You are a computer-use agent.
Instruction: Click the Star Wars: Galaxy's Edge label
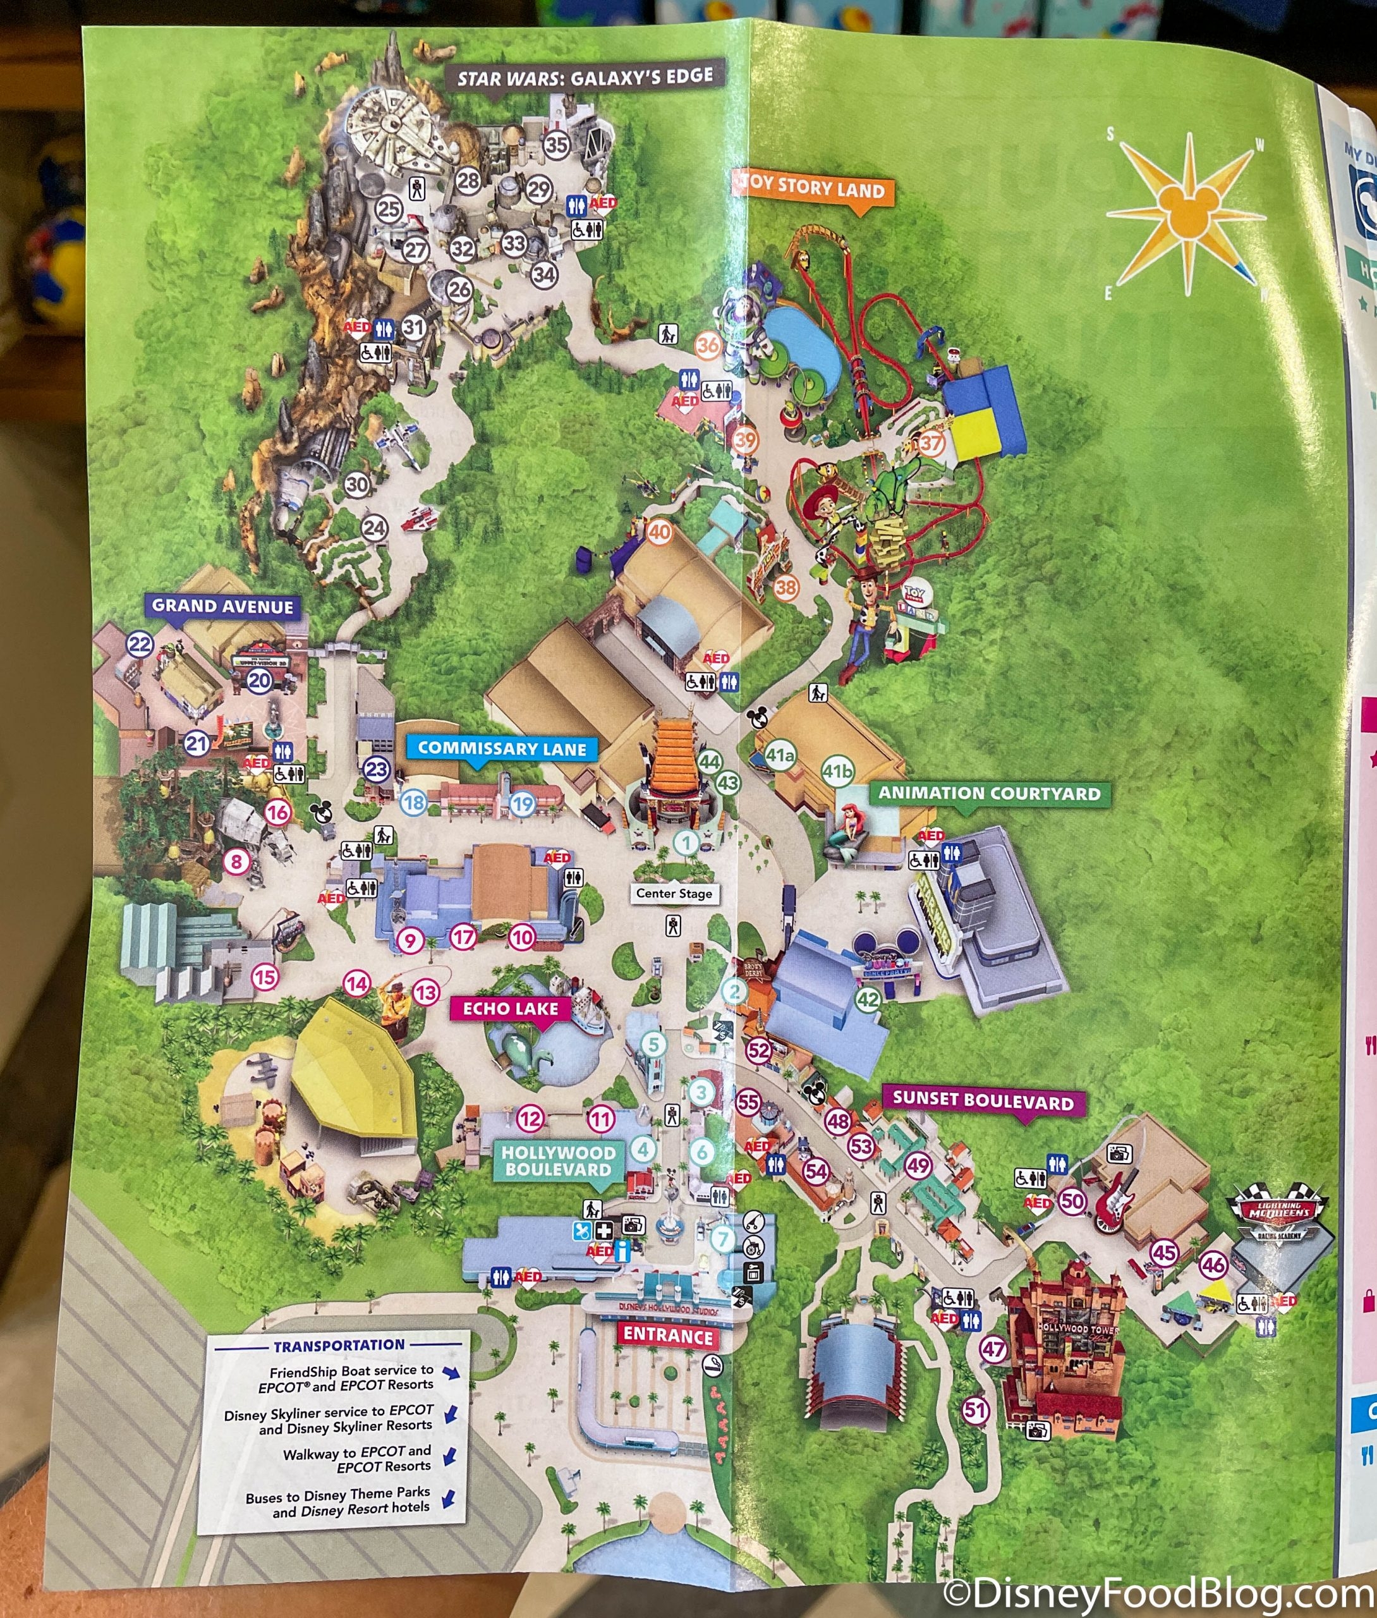pyautogui.click(x=585, y=76)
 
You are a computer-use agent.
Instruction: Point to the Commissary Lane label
pyautogui.click(x=502, y=748)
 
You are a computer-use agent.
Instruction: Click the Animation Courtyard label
pyautogui.click(x=989, y=793)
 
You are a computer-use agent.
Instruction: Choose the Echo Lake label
pyautogui.click(x=511, y=1009)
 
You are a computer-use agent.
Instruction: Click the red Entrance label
pyautogui.click(x=667, y=1335)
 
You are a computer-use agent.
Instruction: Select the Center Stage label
pyautogui.click(x=674, y=893)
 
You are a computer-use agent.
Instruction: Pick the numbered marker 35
pyautogui.click(x=557, y=143)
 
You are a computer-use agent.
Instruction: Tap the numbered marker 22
pyautogui.click(x=140, y=645)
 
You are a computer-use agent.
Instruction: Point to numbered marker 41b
pyautogui.click(x=837, y=771)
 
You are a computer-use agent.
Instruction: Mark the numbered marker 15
pyautogui.click(x=265, y=976)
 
